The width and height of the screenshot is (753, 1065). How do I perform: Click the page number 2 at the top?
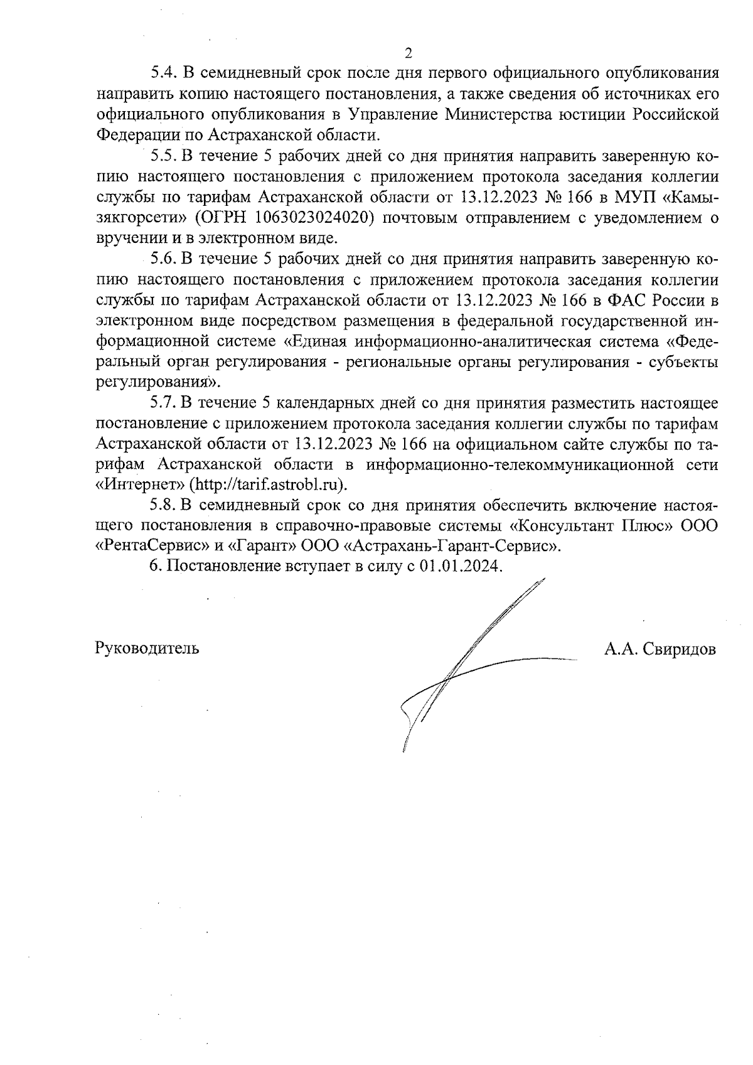(409, 52)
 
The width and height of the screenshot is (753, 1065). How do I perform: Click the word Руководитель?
(147, 648)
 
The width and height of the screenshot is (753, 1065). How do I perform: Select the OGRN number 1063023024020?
(311, 218)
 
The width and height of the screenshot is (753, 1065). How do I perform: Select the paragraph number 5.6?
(163, 259)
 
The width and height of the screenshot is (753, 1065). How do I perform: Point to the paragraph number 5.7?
(163, 402)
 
